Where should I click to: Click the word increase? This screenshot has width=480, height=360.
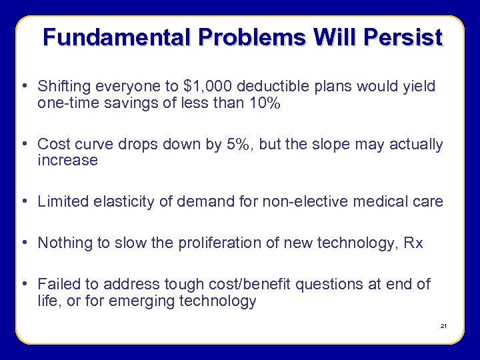[x=67, y=160]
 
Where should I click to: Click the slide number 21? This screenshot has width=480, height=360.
[x=443, y=326]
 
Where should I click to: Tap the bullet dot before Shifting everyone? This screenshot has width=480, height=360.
[x=24, y=86]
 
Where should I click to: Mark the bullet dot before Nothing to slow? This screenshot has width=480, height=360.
[x=24, y=243]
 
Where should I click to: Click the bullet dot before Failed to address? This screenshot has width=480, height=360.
[x=24, y=284]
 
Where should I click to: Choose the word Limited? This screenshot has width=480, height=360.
[x=63, y=201]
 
